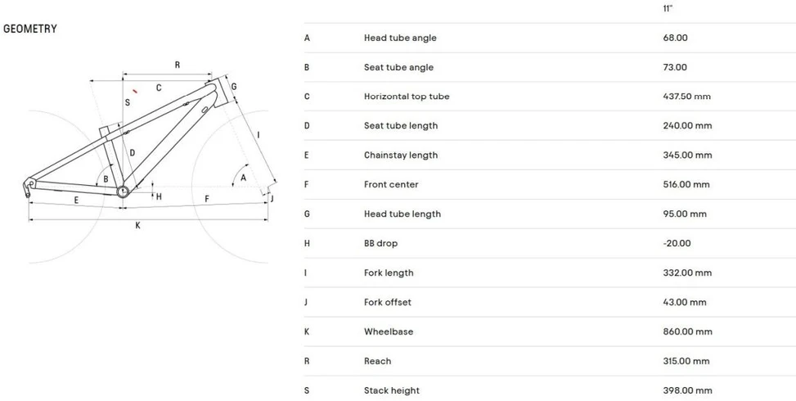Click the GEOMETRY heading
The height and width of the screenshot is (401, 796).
(x=30, y=29)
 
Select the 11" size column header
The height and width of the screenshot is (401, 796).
(x=668, y=9)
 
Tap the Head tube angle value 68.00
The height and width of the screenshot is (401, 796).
(x=675, y=38)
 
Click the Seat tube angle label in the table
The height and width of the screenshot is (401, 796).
(x=398, y=67)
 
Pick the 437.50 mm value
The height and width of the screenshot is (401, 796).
(x=686, y=97)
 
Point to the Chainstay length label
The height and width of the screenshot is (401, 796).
(x=401, y=155)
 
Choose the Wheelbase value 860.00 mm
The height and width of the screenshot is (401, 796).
(x=687, y=332)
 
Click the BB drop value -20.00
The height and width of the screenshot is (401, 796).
(x=677, y=244)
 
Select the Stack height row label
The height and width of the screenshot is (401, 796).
(x=391, y=391)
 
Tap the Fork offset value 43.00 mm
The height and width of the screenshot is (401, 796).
(x=684, y=303)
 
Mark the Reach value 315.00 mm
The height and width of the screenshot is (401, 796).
(x=686, y=362)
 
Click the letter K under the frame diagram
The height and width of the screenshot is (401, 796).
(x=137, y=225)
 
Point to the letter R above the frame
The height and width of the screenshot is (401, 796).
(x=178, y=65)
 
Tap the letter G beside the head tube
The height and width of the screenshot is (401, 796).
(x=233, y=87)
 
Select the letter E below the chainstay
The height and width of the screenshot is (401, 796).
(x=76, y=200)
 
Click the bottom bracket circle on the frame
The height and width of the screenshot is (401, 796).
(x=123, y=191)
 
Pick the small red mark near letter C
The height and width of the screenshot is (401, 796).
(x=135, y=92)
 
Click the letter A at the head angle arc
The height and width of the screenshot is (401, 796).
(x=243, y=178)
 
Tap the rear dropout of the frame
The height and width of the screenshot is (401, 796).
(x=29, y=187)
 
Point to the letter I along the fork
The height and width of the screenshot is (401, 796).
(x=259, y=135)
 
